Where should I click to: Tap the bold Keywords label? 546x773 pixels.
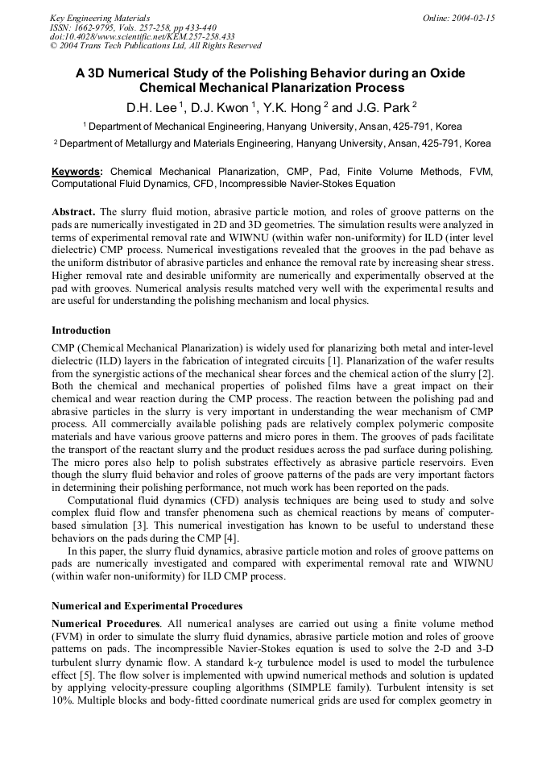click(x=77, y=172)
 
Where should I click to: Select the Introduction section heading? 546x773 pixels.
click(x=81, y=330)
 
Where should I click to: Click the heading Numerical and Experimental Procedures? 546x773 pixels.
click(x=147, y=605)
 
